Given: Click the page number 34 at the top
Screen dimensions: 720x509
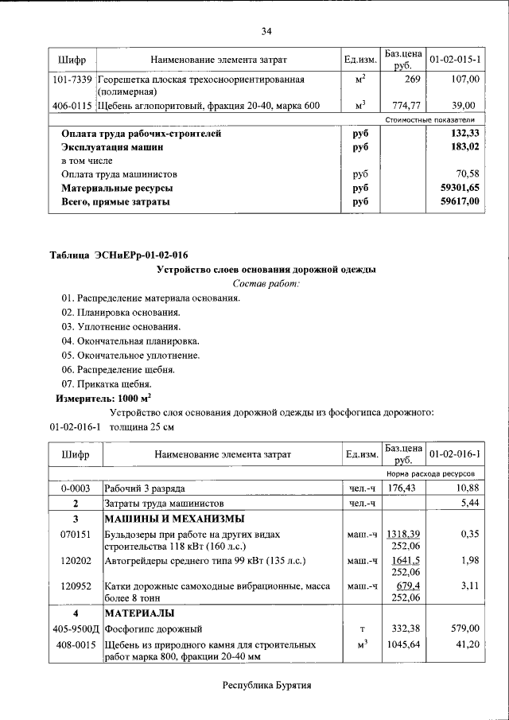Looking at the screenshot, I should [x=266, y=31].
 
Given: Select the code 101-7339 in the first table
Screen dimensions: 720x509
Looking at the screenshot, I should [x=72, y=80].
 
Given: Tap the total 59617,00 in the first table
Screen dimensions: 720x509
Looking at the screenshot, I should [x=460, y=202].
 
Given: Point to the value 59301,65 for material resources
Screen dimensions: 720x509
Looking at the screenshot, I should [x=460, y=189].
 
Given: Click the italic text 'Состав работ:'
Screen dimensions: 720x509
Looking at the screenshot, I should [x=266, y=284].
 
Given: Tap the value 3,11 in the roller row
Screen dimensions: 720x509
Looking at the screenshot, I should [x=468, y=586].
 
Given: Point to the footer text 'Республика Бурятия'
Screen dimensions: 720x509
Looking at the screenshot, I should [x=266, y=685].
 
